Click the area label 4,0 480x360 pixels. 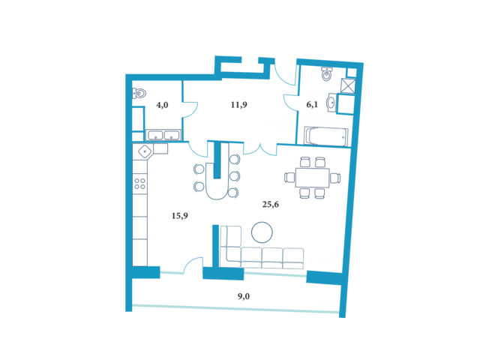162,105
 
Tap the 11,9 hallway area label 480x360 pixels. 239,105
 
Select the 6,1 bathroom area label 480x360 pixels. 312,105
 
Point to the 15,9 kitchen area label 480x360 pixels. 180,216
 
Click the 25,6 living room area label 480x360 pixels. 271,205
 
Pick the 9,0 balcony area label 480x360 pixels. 244,296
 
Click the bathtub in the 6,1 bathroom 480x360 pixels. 326,136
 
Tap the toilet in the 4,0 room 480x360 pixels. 139,93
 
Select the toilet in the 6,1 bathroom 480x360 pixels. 327,74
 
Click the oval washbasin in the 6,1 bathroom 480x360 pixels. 331,102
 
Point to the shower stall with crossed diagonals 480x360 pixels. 348,85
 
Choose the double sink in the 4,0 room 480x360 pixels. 163,135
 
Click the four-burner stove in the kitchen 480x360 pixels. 140,184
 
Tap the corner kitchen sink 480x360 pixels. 145,151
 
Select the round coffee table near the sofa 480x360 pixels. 262,232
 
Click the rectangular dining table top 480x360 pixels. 312,178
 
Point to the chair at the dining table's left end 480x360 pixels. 289,177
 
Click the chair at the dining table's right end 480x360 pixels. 335,178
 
